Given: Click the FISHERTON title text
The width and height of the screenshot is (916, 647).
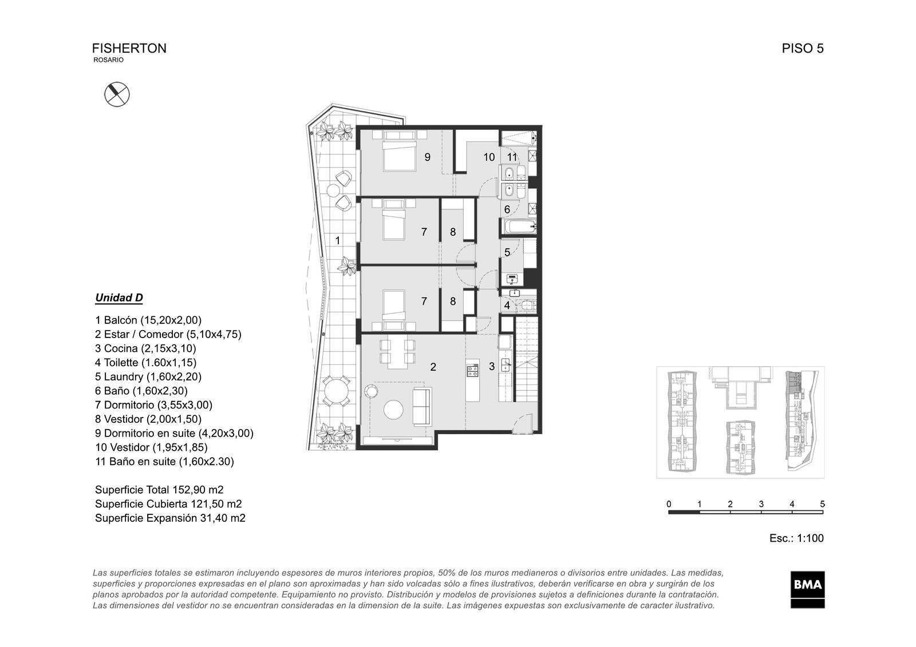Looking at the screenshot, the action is coord(129,48).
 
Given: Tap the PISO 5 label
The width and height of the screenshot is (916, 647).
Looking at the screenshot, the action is coord(802,48).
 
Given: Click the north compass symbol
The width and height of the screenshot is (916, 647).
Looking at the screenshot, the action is coord(117,94).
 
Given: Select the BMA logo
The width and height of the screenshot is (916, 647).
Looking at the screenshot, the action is coord(807,589).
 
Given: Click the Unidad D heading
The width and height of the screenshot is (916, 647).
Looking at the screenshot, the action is coord(119,298).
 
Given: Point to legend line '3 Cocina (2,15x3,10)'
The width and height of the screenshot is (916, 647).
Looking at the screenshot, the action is coord(145,348).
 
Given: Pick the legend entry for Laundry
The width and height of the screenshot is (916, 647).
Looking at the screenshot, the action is coord(148,376).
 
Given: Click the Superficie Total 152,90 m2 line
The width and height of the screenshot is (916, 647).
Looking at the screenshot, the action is coord(159,490).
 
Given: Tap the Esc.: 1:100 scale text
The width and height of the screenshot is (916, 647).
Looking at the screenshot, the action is coord(796,538).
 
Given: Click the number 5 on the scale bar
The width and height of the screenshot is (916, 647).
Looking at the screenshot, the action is coord(822,504).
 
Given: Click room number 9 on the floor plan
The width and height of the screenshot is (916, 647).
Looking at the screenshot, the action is coord(427,157).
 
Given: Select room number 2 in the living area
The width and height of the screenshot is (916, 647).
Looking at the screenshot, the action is coord(433,367).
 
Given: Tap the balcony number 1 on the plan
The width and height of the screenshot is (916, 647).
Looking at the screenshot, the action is coord(338,241).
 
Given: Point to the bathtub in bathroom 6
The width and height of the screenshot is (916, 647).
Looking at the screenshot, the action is coord(519,227).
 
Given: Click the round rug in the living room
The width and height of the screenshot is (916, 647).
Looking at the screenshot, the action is coord(394,410).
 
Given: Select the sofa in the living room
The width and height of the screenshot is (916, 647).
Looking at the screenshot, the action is coord(422,407).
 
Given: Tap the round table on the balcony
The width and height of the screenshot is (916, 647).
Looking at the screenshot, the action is coord(335,391).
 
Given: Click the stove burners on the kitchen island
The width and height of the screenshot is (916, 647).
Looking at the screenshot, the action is coord(472,370).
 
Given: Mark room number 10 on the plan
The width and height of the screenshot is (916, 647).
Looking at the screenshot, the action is coord(489,157).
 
